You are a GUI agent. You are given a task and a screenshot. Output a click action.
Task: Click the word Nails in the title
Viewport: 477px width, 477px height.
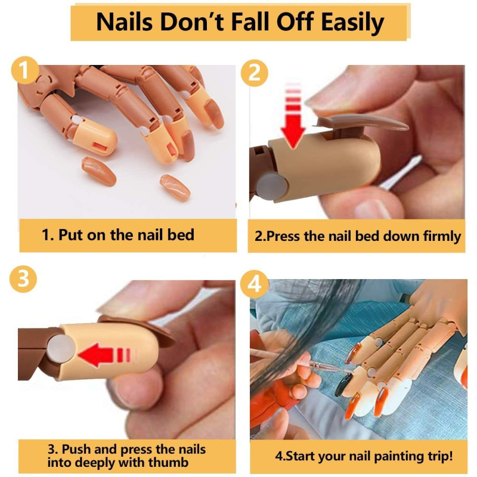(x=124, y=22)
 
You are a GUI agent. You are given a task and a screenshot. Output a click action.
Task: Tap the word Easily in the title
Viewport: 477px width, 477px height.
(x=352, y=23)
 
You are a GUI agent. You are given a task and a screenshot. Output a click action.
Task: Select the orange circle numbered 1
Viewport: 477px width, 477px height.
(x=25, y=70)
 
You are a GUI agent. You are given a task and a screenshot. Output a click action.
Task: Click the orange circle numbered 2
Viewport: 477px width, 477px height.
(x=255, y=73)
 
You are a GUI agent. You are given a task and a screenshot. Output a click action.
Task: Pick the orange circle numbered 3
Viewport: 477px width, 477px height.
(x=23, y=279)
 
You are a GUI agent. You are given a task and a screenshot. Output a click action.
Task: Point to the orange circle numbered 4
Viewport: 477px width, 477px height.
(x=254, y=284)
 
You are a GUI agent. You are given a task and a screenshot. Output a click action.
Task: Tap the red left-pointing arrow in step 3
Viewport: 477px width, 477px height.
(x=107, y=355)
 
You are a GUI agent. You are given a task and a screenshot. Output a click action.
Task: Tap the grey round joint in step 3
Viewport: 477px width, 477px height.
(x=61, y=349)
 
